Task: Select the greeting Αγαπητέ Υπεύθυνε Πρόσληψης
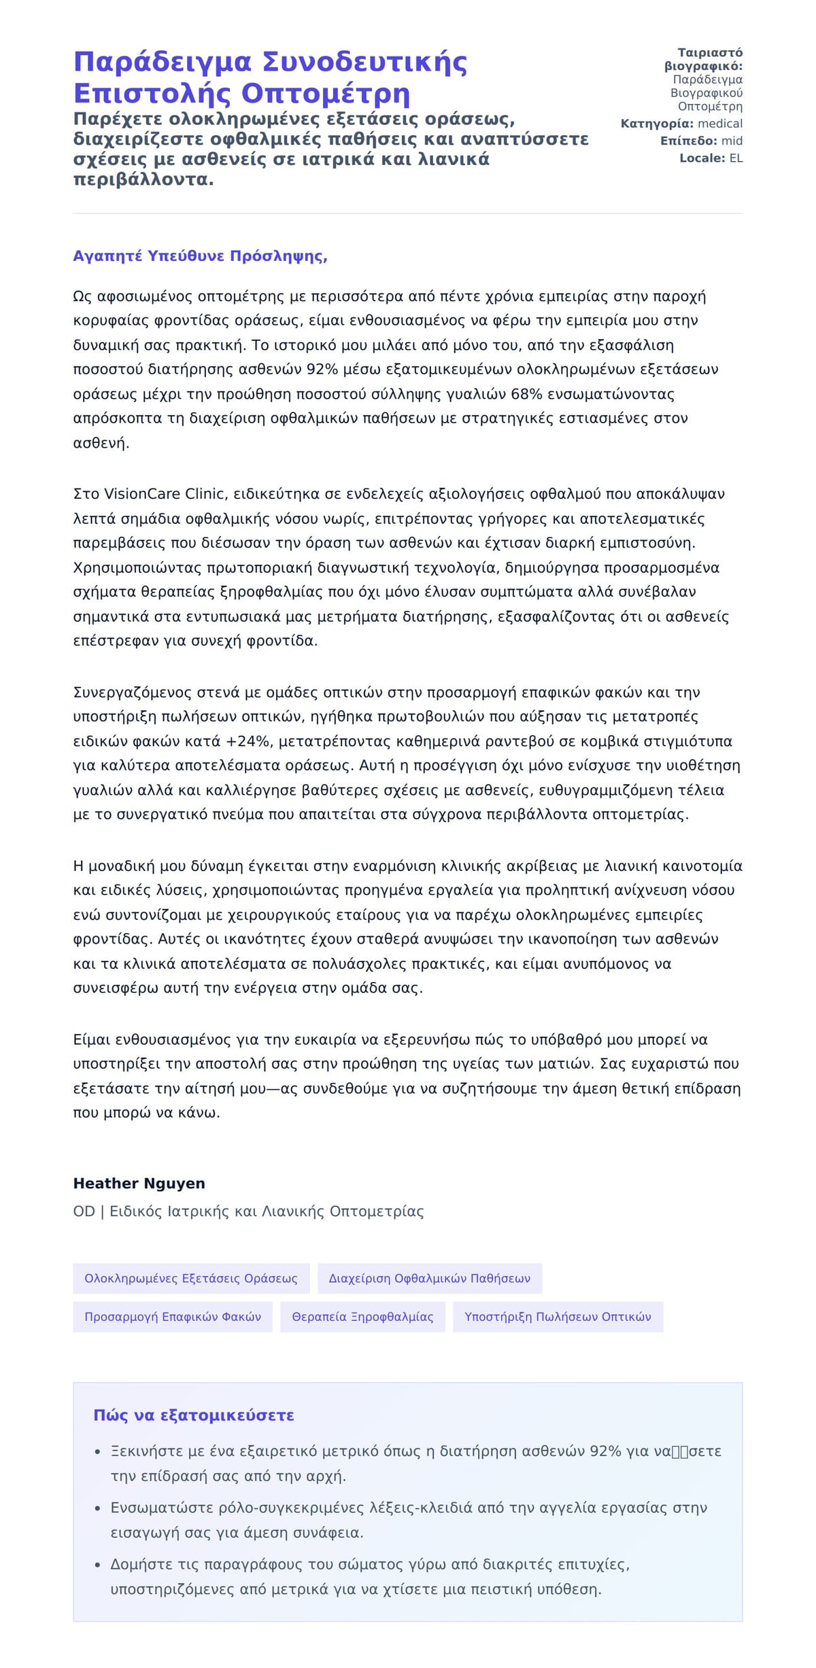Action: [200, 256]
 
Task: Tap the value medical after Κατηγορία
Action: [720, 124]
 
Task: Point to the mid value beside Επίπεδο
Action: [732, 141]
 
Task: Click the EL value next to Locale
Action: [736, 158]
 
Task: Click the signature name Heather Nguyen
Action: [139, 1184]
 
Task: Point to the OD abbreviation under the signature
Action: [84, 1211]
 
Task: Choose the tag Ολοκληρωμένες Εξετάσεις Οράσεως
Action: [191, 1279]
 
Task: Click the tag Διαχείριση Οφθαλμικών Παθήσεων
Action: [430, 1279]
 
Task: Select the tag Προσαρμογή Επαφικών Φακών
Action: [173, 1317]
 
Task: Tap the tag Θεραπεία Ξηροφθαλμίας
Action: [362, 1317]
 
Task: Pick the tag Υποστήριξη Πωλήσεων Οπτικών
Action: [558, 1317]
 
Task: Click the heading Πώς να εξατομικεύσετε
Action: [194, 1416]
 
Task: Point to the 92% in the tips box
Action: [605, 1451]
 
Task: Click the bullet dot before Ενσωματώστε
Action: [98, 1509]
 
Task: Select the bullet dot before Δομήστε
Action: [98, 1565]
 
